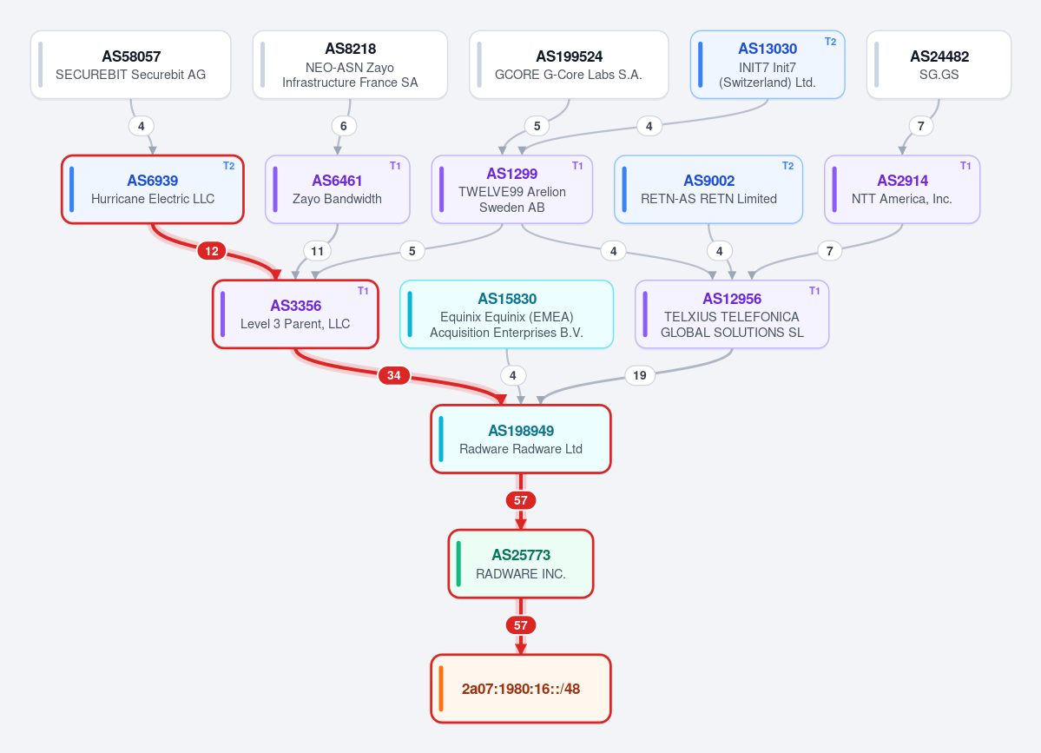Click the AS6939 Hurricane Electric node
click(x=153, y=189)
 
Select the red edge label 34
click(x=393, y=375)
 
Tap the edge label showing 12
click(x=212, y=251)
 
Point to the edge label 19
click(x=639, y=375)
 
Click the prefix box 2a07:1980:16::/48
click(x=521, y=689)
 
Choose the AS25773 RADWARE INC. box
click(x=521, y=564)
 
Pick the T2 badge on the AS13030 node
click(x=830, y=41)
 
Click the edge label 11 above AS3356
click(x=318, y=251)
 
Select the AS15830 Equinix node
click(x=506, y=314)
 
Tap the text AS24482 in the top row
click(x=939, y=56)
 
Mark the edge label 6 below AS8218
click(x=343, y=125)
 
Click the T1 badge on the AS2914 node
click(x=965, y=166)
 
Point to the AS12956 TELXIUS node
click(x=732, y=314)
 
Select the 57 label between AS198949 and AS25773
click(x=521, y=500)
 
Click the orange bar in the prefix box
click(x=441, y=689)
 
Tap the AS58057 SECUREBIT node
click(x=131, y=64)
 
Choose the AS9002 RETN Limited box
click(x=708, y=189)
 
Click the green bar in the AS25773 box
click(x=458, y=564)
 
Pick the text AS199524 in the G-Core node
click(x=569, y=56)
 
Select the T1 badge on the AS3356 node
click(x=363, y=291)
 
